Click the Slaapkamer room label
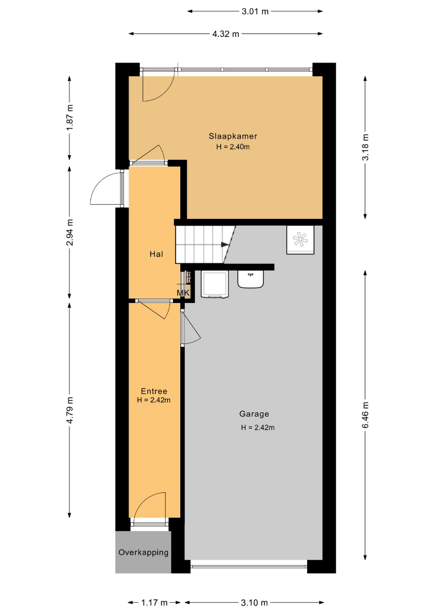pyautogui.click(x=233, y=136)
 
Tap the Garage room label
pyautogui.click(x=254, y=414)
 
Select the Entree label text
pyautogui.click(x=154, y=391)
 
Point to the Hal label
pyautogui.click(x=156, y=254)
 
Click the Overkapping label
pyautogui.click(x=143, y=553)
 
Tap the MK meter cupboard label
pyautogui.click(x=183, y=293)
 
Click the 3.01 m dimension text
pyautogui.click(x=255, y=11)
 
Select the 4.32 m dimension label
pyautogui.click(x=226, y=34)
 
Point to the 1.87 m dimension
pyautogui.click(x=70, y=118)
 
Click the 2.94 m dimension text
pyautogui.click(x=70, y=233)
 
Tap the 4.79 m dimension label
pyautogui.click(x=70, y=410)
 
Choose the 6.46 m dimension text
pyautogui.click(x=365, y=415)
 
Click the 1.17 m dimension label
pyautogui.click(x=154, y=603)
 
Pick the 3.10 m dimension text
pyautogui.click(x=254, y=603)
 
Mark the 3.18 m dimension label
pyautogui.click(x=365, y=147)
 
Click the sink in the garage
pyautogui.click(x=250, y=279)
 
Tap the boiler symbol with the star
pyautogui.click(x=300, y=240)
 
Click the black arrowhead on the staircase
pyautogui.click(x=225, y=244)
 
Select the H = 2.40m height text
pyautogui.click(x=233, y=147)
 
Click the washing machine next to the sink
pyautogui.click(x=214, y=284)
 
